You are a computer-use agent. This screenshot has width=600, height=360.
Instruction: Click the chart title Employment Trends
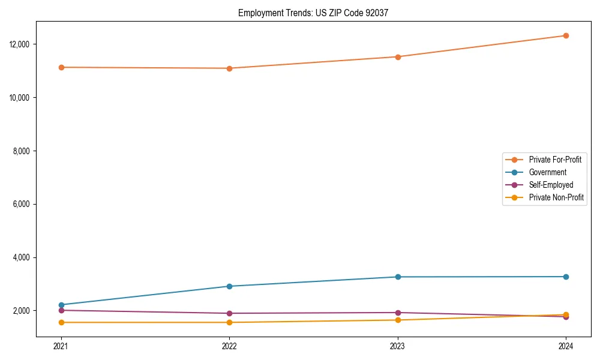(x=313, y=13)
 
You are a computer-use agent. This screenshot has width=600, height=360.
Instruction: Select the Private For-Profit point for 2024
(x=566, y=35)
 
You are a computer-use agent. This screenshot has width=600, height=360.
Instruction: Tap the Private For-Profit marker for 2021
(x=61, y=67)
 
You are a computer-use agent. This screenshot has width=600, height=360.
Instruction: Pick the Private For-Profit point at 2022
(x=229, y=68)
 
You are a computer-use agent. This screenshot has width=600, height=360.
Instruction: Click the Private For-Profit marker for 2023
(x=398, y=57)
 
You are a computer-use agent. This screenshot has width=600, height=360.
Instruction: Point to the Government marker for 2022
(x=229, y=286)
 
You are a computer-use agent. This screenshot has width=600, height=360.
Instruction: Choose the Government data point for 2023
(x=398, y=277)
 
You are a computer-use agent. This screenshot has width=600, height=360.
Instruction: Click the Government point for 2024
(x=566, y=277)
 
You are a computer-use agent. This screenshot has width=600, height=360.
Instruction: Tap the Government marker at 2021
(x=61, y=305)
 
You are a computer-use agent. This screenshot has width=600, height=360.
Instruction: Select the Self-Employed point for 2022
(x=229, y=313)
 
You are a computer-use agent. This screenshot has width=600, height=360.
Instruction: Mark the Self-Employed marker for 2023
(x=398, y=313)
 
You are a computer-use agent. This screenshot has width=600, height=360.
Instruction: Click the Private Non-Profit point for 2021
(x=61, y=322)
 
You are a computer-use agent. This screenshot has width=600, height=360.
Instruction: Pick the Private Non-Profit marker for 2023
(x=398, y=320)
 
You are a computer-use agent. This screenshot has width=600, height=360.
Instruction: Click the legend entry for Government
(x=547, y=172)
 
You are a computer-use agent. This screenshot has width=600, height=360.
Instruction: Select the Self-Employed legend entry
(x=551, y=185)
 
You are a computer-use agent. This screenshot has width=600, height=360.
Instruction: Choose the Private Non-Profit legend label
(x=556, y=197)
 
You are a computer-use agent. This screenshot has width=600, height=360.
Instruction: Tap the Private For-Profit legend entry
(x=555, y=160)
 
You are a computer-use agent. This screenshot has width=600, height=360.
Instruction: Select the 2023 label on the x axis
(x=398, y=346)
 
